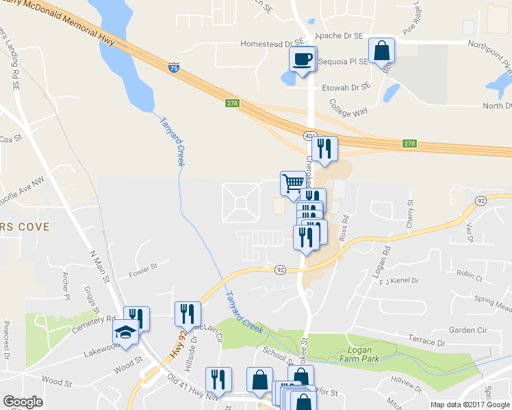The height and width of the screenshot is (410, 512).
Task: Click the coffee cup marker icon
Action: point(302,59)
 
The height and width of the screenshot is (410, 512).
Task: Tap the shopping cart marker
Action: point(293,183)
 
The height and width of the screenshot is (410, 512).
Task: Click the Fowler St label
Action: point(143,271)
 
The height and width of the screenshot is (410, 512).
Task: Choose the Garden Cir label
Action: point(468,329)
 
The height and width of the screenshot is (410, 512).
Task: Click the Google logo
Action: point(22,402)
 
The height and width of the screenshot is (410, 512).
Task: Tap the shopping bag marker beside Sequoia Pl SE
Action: point(381,50)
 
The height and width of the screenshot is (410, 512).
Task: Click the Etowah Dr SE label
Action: point(346,87)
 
